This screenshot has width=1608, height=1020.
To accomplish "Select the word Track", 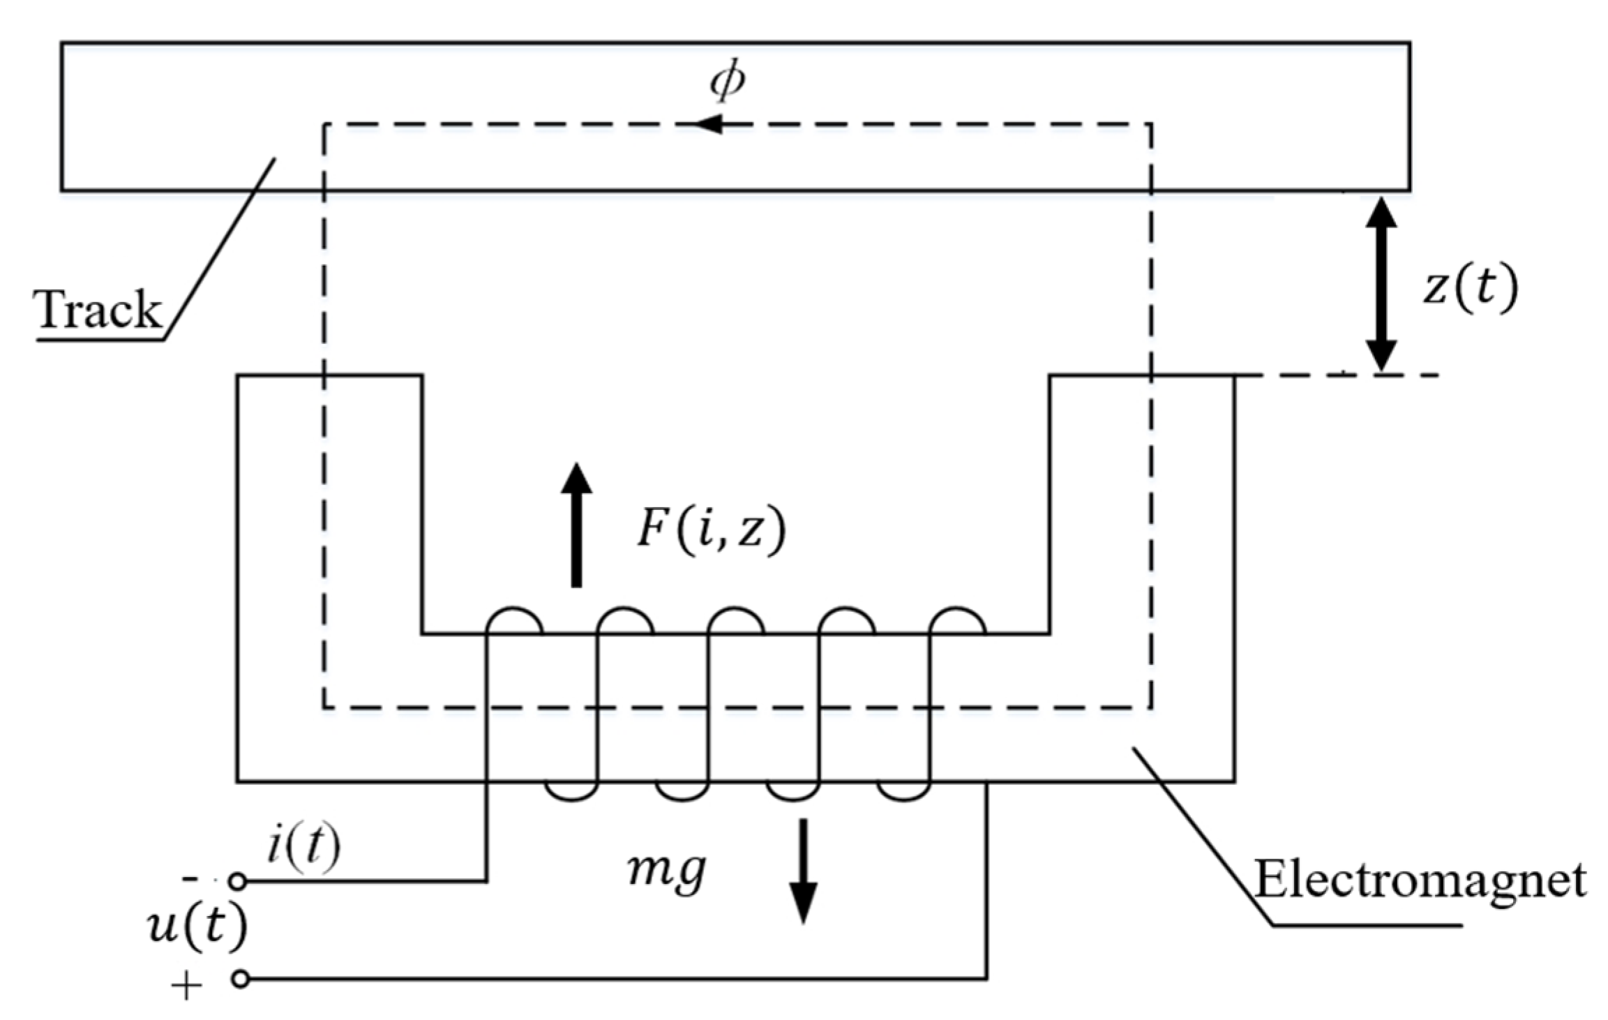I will pyautogui.click(x=98, y=310).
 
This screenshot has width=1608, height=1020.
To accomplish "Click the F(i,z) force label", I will pyautogui.click(x=711, y=530).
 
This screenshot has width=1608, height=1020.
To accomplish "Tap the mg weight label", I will pyautogui.click(x=667, y=871).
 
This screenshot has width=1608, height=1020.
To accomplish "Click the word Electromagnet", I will pyautogui.click(x=1420, y=880).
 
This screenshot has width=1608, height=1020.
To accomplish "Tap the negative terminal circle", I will pyautogui.click(x=238, y=882).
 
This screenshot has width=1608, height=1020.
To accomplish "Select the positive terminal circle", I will pyautogui.click(x=240, y=980).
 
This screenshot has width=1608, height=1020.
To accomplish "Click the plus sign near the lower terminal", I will pyautogui.click(x=187, y=987).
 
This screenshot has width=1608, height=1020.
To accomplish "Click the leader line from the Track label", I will pyautogui.click(x=220, y=248).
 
